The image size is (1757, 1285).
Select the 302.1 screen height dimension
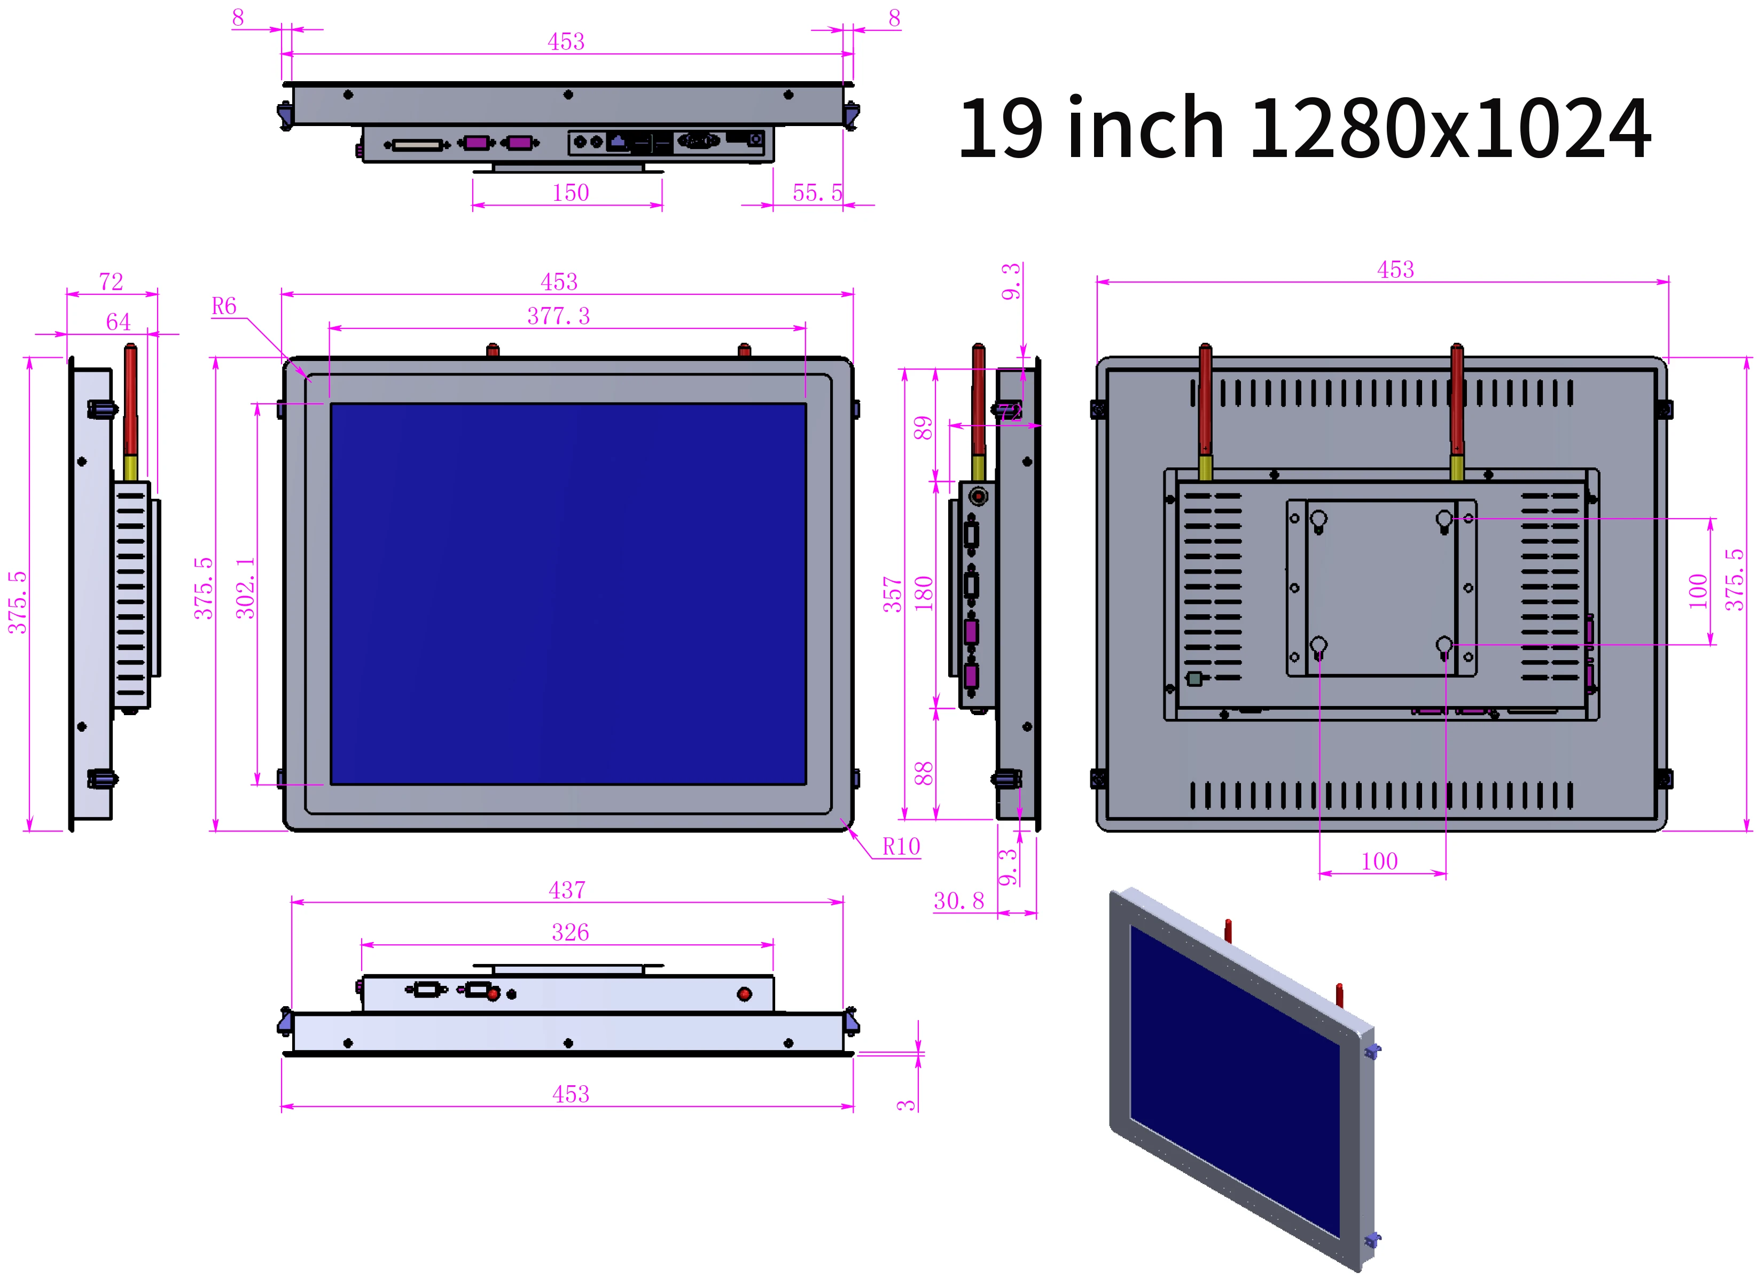click(x=245, y=588)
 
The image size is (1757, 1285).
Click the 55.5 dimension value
click(x=817, y=192)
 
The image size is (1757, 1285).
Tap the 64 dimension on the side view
click(x=118, y=322)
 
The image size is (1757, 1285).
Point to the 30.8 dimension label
click(x=959, y=901)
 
